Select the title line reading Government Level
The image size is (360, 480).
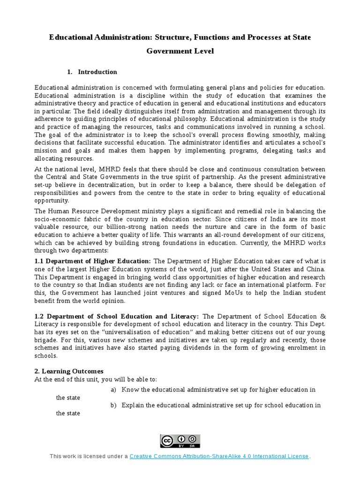pos(180,51)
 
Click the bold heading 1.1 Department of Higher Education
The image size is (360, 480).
pos(93,261)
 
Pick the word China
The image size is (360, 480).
pos(315,269)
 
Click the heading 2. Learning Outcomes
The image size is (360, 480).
pos(69,371)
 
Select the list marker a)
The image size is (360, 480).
pos(113,390)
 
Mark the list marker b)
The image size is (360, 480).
pos(113,405)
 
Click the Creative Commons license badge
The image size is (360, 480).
pos(180,441)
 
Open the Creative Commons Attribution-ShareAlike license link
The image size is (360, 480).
pos(219,456)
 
